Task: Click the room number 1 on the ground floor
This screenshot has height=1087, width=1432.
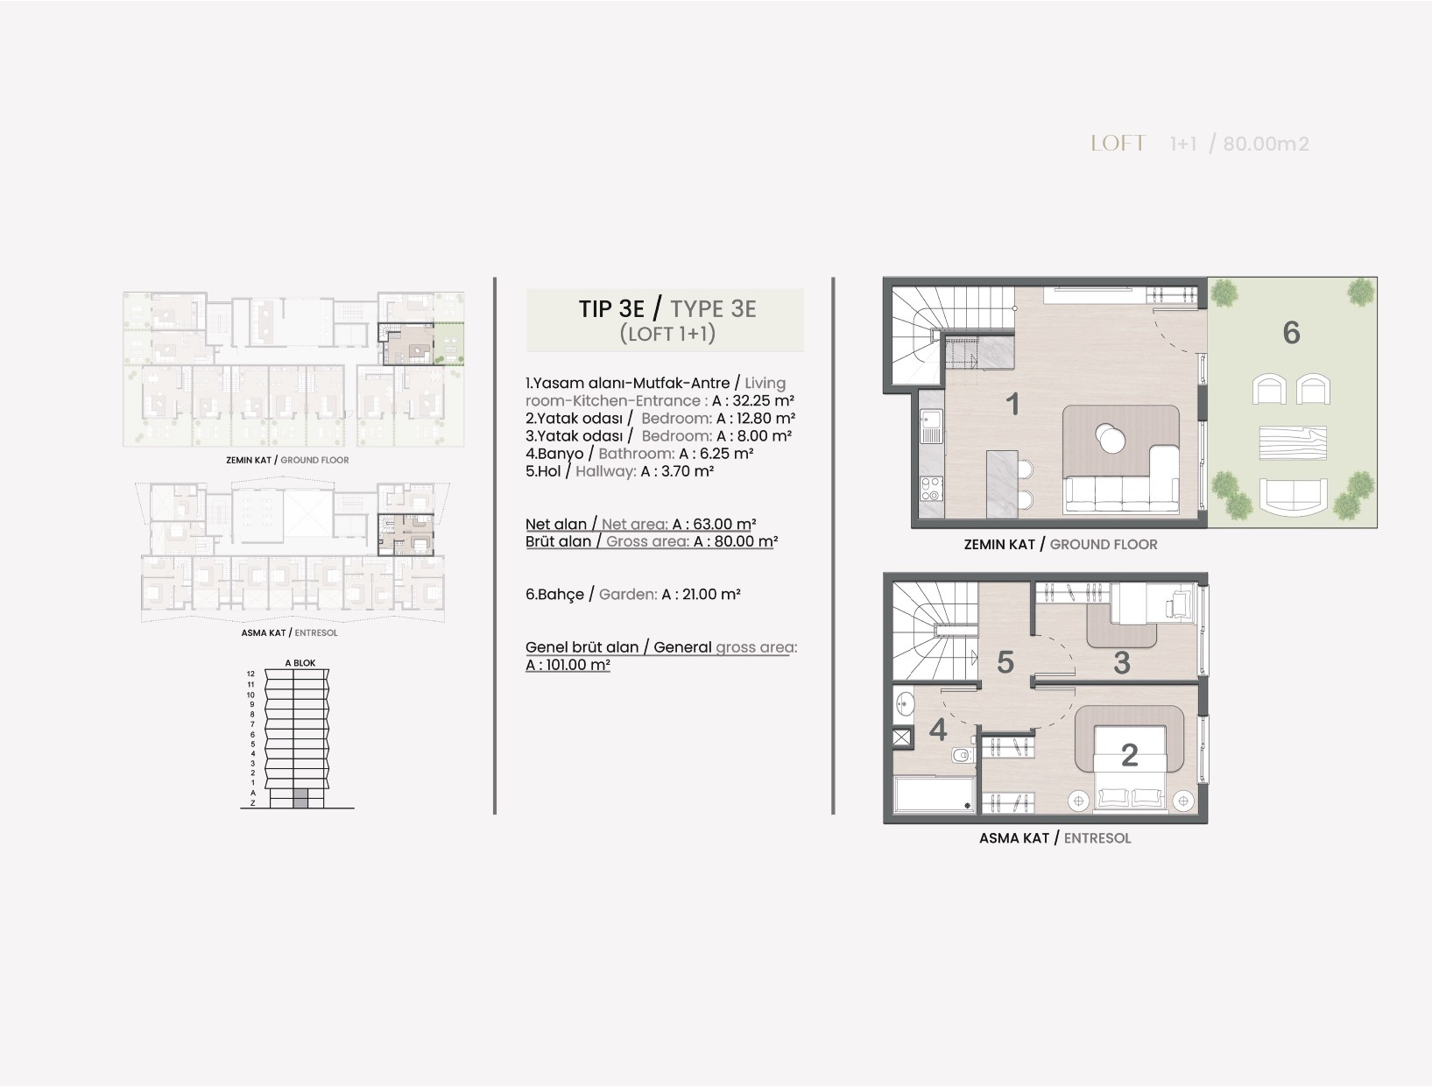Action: [x=1012, y=404]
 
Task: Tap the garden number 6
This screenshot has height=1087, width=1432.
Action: [x=1291, y=333]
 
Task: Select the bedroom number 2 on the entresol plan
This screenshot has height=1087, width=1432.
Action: [x=1129, y=755]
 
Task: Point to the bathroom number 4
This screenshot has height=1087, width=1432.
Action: [x=938, y=730]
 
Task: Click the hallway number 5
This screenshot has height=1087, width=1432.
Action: [x=1005, y=662]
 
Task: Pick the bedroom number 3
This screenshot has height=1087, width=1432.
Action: [x=1121, y=663]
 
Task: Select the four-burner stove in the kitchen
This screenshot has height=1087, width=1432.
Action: [x=932, y=489]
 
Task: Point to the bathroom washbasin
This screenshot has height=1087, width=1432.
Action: [x=904, y=703]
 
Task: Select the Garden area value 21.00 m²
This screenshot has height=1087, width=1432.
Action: [x=709, y=595]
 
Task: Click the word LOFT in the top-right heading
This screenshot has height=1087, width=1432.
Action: [x=1118, y=144]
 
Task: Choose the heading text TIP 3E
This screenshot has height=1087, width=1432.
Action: [x=611, y=308]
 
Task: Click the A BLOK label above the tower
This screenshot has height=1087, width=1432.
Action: [x=300, y=663]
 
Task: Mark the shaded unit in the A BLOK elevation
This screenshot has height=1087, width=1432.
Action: [x=300, y=799]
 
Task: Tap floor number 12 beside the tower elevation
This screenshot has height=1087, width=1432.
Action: [x=250, y=674]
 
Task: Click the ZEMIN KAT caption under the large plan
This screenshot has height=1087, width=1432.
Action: [x=999, y=544]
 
